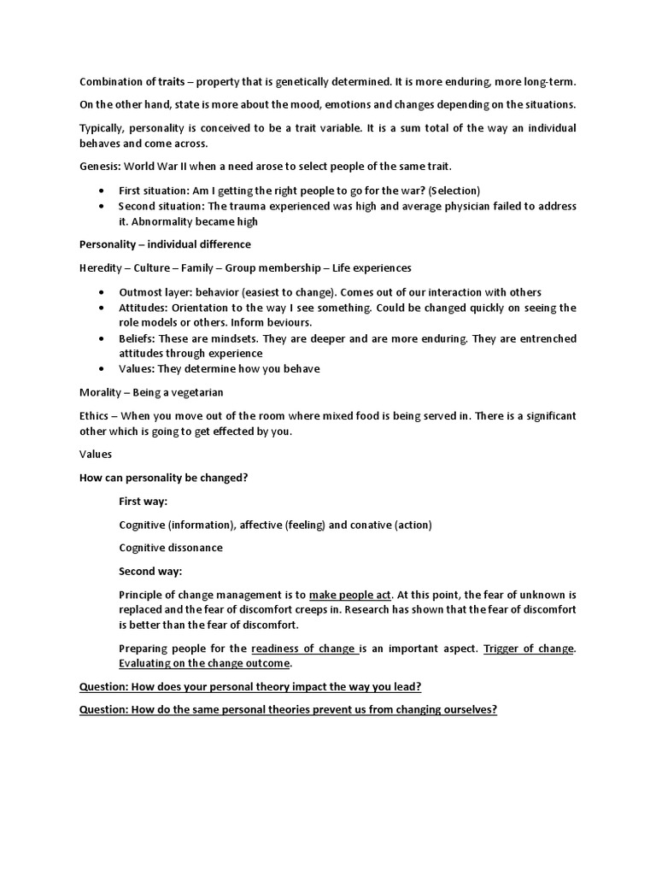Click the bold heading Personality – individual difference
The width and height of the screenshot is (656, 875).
click(165, 244)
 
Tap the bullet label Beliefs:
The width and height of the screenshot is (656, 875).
click(138, 339)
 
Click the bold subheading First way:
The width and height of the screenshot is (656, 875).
click(143, 502)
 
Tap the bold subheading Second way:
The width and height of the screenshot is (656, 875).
click(150, 572)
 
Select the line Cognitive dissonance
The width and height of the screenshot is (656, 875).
click(171, 548)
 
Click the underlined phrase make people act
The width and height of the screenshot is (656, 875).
click(350, 595)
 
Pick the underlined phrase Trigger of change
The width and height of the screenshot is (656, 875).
click(529, 649)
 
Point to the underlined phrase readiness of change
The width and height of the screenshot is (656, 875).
click(304, 649)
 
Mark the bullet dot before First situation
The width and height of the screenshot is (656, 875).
click(102, 191)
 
